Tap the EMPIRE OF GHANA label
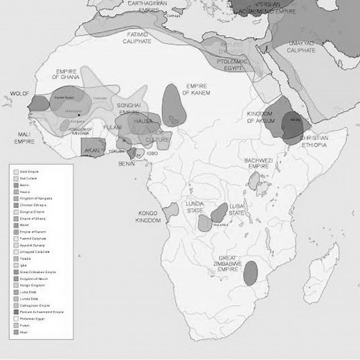point(73,76)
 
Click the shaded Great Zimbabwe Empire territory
point(251,272)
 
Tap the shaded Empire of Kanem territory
point(173,105)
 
